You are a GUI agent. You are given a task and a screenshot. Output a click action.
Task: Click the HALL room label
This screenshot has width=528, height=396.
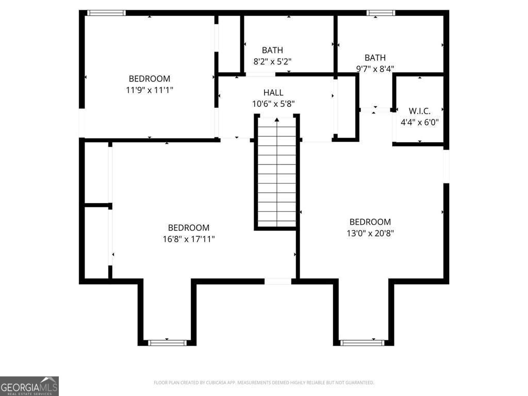pos(273,93)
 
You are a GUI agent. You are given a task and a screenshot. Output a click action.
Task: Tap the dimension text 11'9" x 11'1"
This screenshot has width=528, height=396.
pos(150,90)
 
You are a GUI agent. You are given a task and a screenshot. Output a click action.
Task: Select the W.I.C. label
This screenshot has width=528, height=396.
pos(419,111)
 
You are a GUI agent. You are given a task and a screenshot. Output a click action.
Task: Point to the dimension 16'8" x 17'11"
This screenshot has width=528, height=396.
pos(189,239)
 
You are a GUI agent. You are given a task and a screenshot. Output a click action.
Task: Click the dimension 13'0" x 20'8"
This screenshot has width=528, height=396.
pos(370,233)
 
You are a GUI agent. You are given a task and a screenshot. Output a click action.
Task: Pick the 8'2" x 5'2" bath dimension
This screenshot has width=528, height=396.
pos(272,61)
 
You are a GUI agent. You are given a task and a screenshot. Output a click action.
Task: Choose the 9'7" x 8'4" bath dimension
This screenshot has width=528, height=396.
pos(375,69)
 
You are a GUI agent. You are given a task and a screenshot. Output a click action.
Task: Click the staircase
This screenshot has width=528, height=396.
pos(277,175)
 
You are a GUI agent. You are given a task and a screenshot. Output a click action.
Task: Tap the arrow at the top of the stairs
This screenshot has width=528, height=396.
pos(277,120)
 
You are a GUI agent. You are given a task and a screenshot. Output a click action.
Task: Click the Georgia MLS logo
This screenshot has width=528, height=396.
pos(29,386)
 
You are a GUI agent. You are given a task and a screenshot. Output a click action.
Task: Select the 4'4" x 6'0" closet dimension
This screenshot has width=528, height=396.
pos(419,123)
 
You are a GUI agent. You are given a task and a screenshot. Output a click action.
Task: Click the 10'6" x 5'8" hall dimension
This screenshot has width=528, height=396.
pos(273,104)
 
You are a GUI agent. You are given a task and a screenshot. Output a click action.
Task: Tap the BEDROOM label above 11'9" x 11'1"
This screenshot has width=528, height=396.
pos(150,79)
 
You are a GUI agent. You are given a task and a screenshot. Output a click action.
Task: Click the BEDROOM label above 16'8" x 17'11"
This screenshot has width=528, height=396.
pos(189,227)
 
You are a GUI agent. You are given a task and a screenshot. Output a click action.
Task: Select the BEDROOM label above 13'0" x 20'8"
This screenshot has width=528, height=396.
pos(370,222)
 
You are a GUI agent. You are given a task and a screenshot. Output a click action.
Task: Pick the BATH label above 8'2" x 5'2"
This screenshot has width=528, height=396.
pos(272,51)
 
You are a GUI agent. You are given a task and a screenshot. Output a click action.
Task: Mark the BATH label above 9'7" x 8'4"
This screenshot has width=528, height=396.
pos(375,58)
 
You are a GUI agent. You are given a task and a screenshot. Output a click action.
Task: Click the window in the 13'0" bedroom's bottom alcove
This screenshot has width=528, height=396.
pos(362,342)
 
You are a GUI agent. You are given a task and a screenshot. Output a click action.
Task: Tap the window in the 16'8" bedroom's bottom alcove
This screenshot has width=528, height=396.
pos(167,342)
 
